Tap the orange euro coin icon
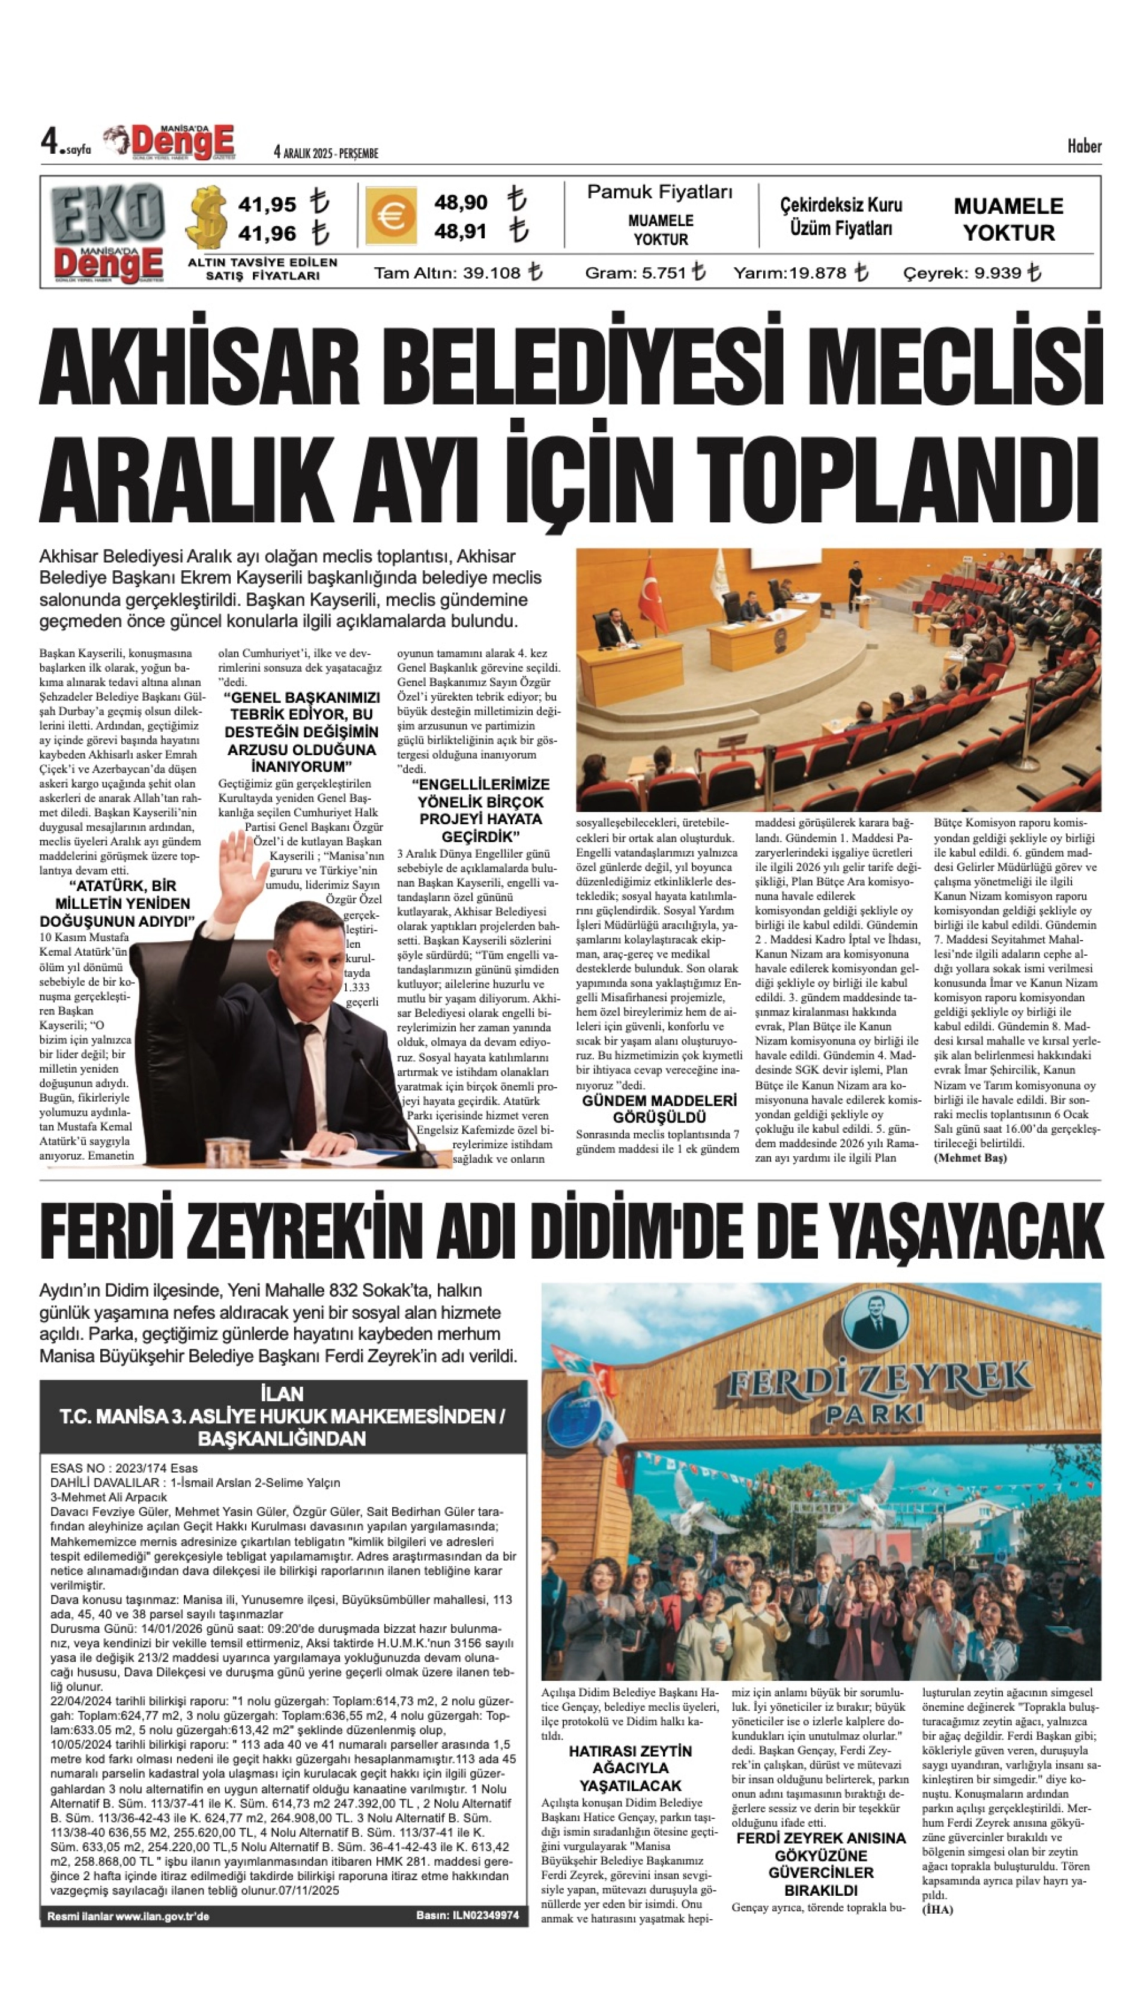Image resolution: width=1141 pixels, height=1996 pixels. [x=390, y=216]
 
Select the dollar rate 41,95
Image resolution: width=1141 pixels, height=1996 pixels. [x=267, y=205]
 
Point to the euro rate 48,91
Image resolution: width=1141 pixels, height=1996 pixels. [x=461, y=232]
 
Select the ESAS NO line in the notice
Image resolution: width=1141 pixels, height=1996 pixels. [x=124, y=1468]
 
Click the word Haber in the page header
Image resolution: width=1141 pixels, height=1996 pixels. [x=1084, y=146]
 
